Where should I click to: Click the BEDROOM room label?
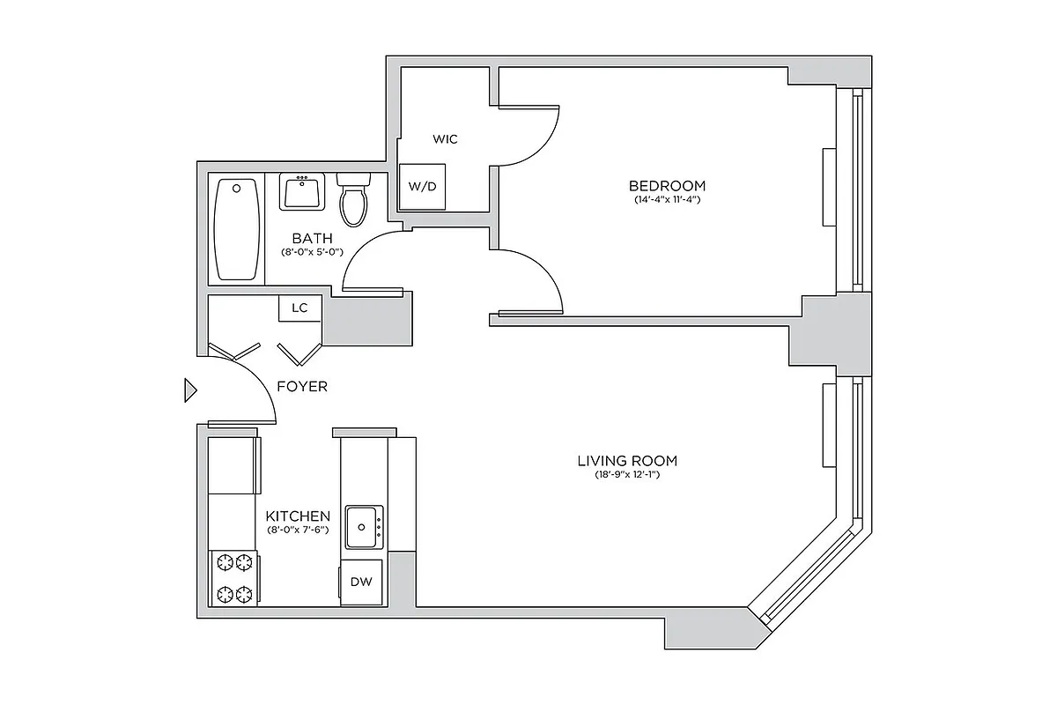tap(667, 186)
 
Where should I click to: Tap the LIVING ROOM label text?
tap(627, 461)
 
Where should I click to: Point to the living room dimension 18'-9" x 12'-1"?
tap(627, 475)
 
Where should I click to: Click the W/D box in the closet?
tap(422, 187)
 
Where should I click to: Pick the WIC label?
tap(445, 139)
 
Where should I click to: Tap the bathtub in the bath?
tap(236, 229)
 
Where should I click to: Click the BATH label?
tap(312, 238)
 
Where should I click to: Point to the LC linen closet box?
tap(299, 308)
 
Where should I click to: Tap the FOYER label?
tap(302, 386)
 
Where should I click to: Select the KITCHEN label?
tap(298, 516)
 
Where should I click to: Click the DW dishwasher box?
tap(361, 582)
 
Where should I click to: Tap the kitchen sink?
tap(364, 527)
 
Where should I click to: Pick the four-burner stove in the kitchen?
tap(234, 577)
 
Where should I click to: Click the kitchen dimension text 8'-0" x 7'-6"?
tap(298, 530)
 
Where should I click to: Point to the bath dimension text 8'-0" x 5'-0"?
tap(312, 252)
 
